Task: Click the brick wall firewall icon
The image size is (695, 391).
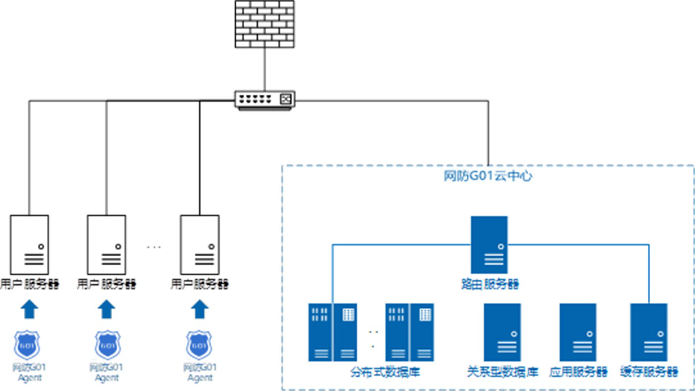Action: [x=264, y=24]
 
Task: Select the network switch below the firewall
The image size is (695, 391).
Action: [x=265, y=99]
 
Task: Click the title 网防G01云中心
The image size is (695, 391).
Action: [x=487, y=176]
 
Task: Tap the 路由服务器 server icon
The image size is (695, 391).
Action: [x=489, y=244]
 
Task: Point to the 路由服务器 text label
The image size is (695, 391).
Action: [x=489, y=284]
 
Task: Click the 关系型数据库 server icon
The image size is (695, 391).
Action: [x=502, y=332]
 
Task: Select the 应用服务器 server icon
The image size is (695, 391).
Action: [x=578, y=332]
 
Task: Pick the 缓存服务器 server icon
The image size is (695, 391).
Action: [x=649, y=332]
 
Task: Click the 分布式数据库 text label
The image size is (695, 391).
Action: [x=386, y=372]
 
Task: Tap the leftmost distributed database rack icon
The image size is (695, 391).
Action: [x=332, y=332]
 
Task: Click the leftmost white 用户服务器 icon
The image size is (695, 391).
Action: [x=29, y=244]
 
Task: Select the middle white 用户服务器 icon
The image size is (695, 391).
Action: [x=106, y=244]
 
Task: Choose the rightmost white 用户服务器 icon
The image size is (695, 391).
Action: [x=200, y=244]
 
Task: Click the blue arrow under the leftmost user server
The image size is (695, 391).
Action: [x=29, y=309]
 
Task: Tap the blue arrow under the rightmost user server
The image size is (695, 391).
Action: [x=200, y=309]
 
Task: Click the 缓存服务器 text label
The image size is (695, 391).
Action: [x=649, y=372]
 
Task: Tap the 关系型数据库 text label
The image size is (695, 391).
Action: [x=503, y=372]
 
